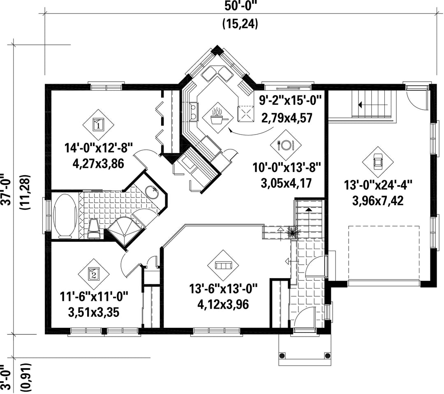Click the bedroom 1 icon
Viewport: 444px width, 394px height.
[x=98, y=125]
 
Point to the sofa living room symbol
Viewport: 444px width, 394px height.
[x=223, y=265]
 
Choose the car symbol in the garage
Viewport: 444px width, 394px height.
[x=378, y=162]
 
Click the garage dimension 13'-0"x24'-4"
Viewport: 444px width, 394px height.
[x=378, y=186]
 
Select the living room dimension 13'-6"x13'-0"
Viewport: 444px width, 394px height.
[x=223, y=289]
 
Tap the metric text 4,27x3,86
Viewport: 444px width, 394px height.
[x=98, y=164]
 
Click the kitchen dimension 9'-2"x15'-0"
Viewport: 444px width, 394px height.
[x=291, y=101]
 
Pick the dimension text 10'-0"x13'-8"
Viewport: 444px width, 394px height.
[x=286, y=167]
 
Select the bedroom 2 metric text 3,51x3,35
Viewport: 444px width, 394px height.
[x=94, y=313]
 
